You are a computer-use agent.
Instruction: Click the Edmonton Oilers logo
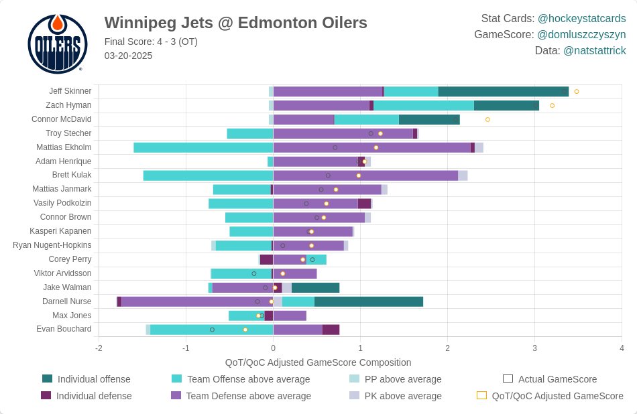click(x=57, y=44)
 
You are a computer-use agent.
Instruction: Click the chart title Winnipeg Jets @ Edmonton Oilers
click(x=235, y=23)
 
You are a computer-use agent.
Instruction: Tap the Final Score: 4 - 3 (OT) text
click(x=151, y=42)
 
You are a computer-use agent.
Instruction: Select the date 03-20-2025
click(x=128, y=56)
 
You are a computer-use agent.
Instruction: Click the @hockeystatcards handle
click(x=581, y=18)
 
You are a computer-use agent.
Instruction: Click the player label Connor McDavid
click(x=62, y=119)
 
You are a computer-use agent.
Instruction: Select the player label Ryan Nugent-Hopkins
click(x=52, y=245)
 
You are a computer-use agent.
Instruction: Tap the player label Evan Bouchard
click(x=64, y=329)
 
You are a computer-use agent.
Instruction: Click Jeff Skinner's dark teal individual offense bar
click(x=503, y=91)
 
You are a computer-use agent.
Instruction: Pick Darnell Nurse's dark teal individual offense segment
click(x=368, y=301)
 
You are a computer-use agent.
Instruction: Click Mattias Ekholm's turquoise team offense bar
click(x=203, y=147)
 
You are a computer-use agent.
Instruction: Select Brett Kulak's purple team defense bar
click(x=365, y=176)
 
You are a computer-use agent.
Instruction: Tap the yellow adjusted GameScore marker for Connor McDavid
click(x=487, y=119)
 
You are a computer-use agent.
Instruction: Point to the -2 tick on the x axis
click(x=99, y=348)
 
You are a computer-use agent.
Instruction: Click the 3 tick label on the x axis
click(x=534, y=348)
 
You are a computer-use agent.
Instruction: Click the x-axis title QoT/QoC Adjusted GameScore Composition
click(x=318, y=362)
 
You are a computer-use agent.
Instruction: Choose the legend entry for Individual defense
click(x=94, y=396)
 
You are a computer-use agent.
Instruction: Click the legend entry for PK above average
click(x=403, y=396)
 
